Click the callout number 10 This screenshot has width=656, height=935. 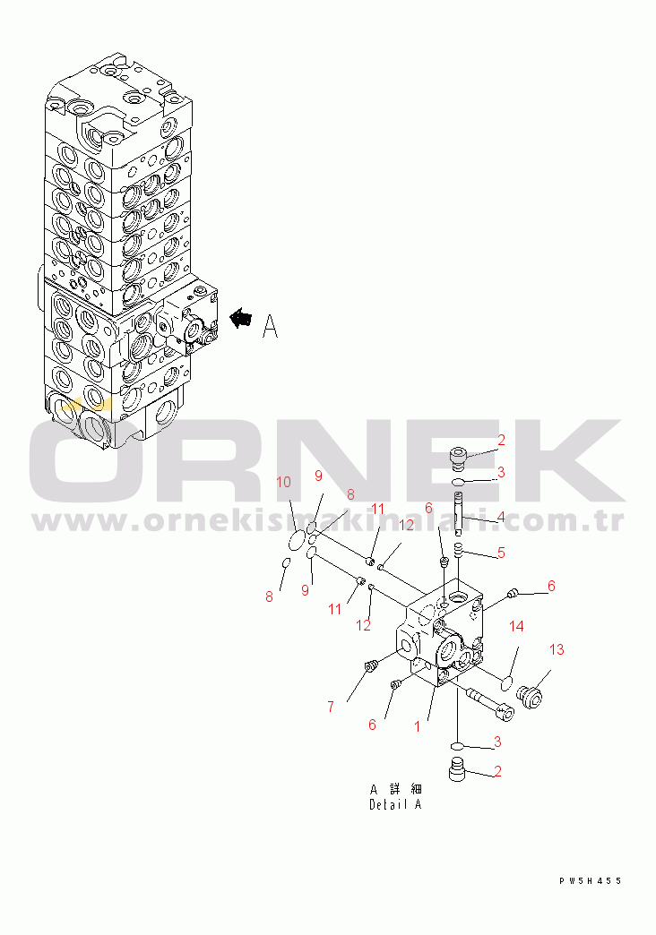[283, 482]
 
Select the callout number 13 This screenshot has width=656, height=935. [557, 649]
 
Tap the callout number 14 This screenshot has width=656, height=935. [516, 626]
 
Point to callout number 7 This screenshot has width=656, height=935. [331, 708]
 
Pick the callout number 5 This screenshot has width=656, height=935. [501, 553]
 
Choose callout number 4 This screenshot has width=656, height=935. [501, 517]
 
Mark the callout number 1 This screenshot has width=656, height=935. [418, 726]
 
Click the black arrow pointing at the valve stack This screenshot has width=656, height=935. [241, 319]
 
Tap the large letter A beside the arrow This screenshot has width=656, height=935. [271, 326]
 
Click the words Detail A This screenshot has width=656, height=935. [395, 804]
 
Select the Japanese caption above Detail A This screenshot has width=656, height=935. [395, 790]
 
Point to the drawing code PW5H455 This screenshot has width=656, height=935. [591, 880]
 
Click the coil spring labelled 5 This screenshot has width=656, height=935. [459, 551]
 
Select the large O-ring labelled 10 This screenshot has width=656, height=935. [296, 542]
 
